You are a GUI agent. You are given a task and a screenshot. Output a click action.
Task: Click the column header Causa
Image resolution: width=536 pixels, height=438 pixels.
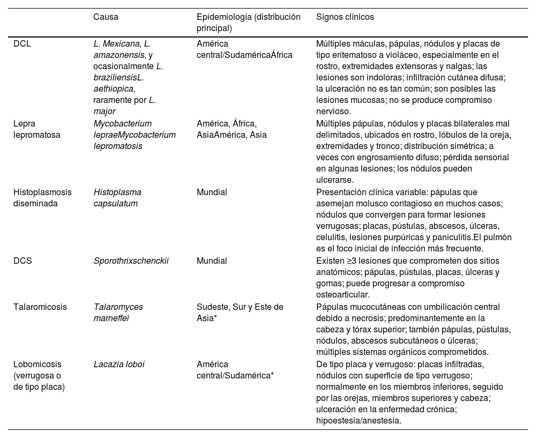click(x=106, y=17)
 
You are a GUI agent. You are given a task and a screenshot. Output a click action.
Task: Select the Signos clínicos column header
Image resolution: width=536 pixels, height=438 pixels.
click(x=345, y=17)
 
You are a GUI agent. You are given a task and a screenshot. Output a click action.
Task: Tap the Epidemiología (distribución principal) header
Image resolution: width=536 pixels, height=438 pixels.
click(x=248, y=23)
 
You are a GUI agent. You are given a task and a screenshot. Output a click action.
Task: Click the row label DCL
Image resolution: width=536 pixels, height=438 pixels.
click(x=22, y=44)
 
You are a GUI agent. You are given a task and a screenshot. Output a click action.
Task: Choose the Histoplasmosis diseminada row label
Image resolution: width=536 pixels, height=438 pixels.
click(x=42, y=197)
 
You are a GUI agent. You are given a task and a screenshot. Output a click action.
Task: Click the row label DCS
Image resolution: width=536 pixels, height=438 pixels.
click(x=22, y=261)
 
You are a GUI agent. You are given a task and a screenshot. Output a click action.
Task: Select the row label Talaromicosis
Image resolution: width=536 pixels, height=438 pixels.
click(x=40, y=307)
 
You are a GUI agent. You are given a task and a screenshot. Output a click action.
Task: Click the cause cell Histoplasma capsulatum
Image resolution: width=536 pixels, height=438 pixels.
click(x=117, y=197)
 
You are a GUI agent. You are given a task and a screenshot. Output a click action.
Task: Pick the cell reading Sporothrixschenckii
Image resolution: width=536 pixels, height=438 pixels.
click(x=131, y=261)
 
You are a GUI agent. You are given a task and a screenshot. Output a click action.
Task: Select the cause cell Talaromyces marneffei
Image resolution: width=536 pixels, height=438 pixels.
click(x=118, y=313)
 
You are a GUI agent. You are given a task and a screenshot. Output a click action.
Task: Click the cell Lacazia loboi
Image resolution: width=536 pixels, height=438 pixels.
click(x=118, y=364)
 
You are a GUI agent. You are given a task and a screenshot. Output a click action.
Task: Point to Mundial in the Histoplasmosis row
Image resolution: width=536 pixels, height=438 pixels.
click(x=212, y=192)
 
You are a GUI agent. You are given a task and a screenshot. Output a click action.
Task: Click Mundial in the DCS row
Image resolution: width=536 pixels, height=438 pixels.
click(x=212, y=261)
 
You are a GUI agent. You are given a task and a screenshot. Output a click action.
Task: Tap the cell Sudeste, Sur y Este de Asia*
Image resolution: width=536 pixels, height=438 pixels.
click(x=240, y=313)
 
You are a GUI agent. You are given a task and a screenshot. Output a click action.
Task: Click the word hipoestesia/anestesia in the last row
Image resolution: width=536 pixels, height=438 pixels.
click(x=358, y=421)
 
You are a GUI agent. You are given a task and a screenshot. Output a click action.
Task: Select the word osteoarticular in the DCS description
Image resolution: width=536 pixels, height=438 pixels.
click(x=343, y=294)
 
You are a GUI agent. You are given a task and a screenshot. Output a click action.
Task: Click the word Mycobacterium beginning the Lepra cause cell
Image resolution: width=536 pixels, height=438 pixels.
click(x=122, y=124)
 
